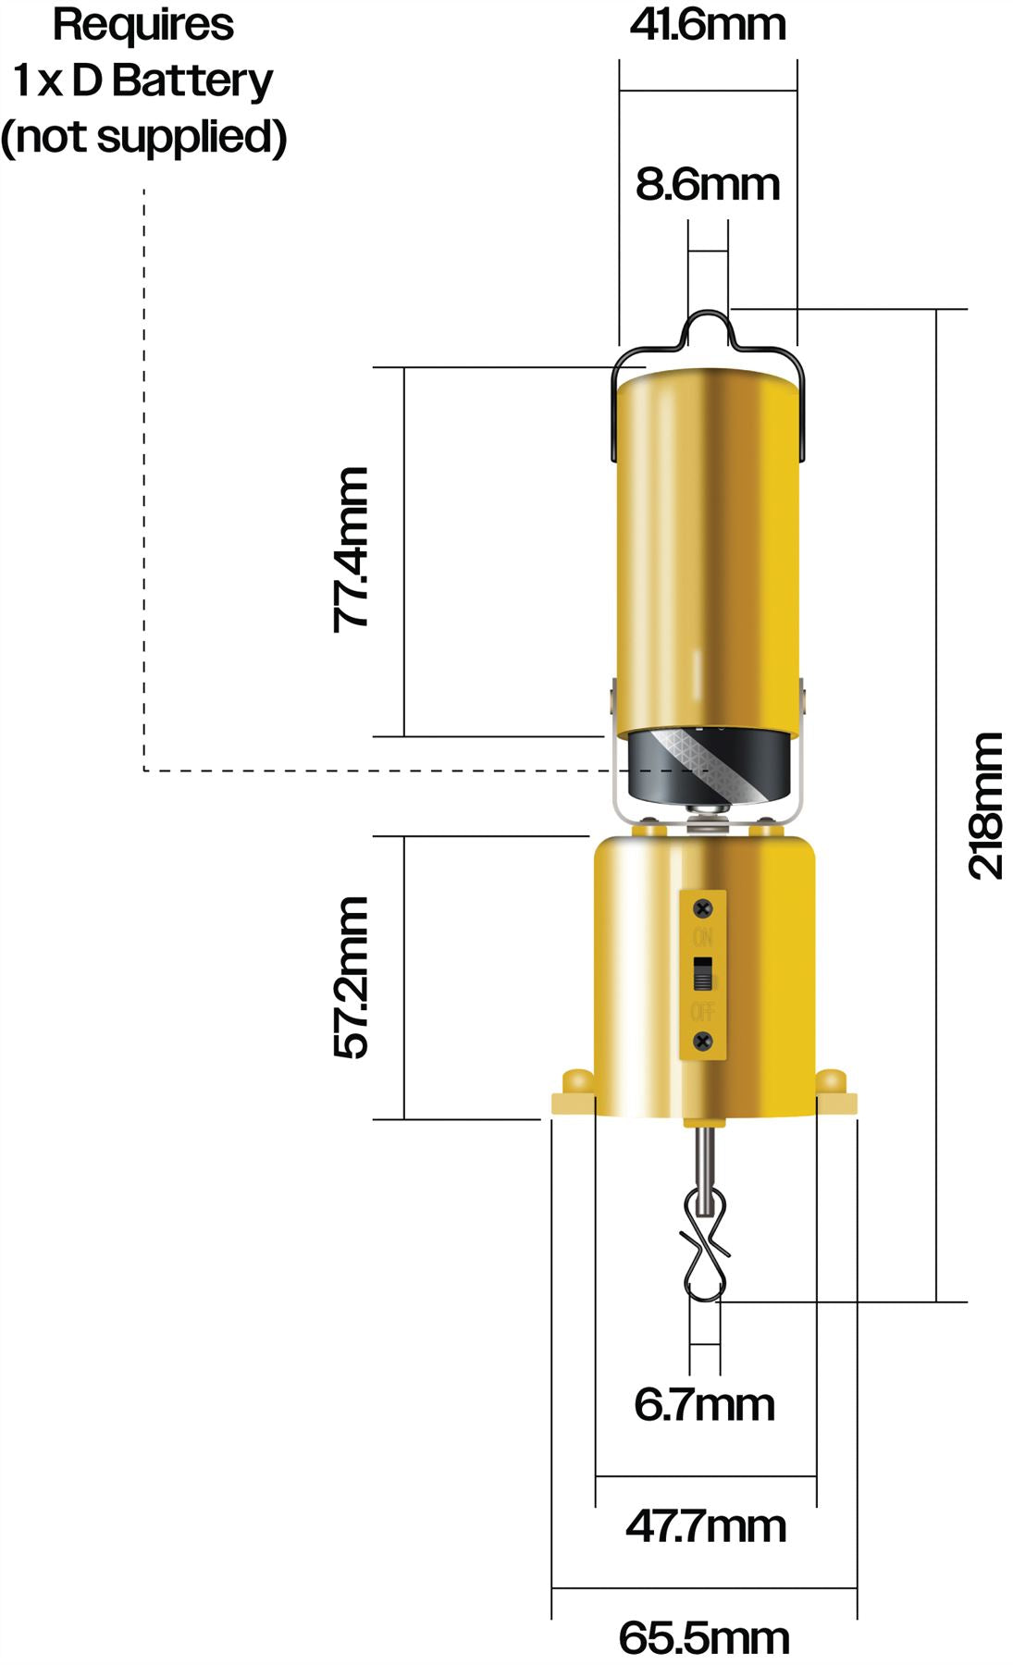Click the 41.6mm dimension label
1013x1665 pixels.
point(708,25)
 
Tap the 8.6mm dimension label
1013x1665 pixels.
point(708,184)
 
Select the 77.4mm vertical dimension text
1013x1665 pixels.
point(352,549)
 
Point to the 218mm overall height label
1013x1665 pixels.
point(986,805)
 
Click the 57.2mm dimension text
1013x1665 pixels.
point(352,977)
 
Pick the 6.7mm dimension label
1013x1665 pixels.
point(704,1405)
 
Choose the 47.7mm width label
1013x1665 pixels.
point(706,1525)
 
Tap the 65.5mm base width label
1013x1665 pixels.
point(704,1638)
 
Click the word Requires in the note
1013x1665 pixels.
point(143,25)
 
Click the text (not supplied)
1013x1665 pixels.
point(143,136)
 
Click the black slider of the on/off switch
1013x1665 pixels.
point(704,974)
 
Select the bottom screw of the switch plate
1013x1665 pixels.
point(703,1041)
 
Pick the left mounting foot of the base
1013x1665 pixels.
point(574,1094)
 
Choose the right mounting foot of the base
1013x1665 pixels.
point(834,1094)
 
